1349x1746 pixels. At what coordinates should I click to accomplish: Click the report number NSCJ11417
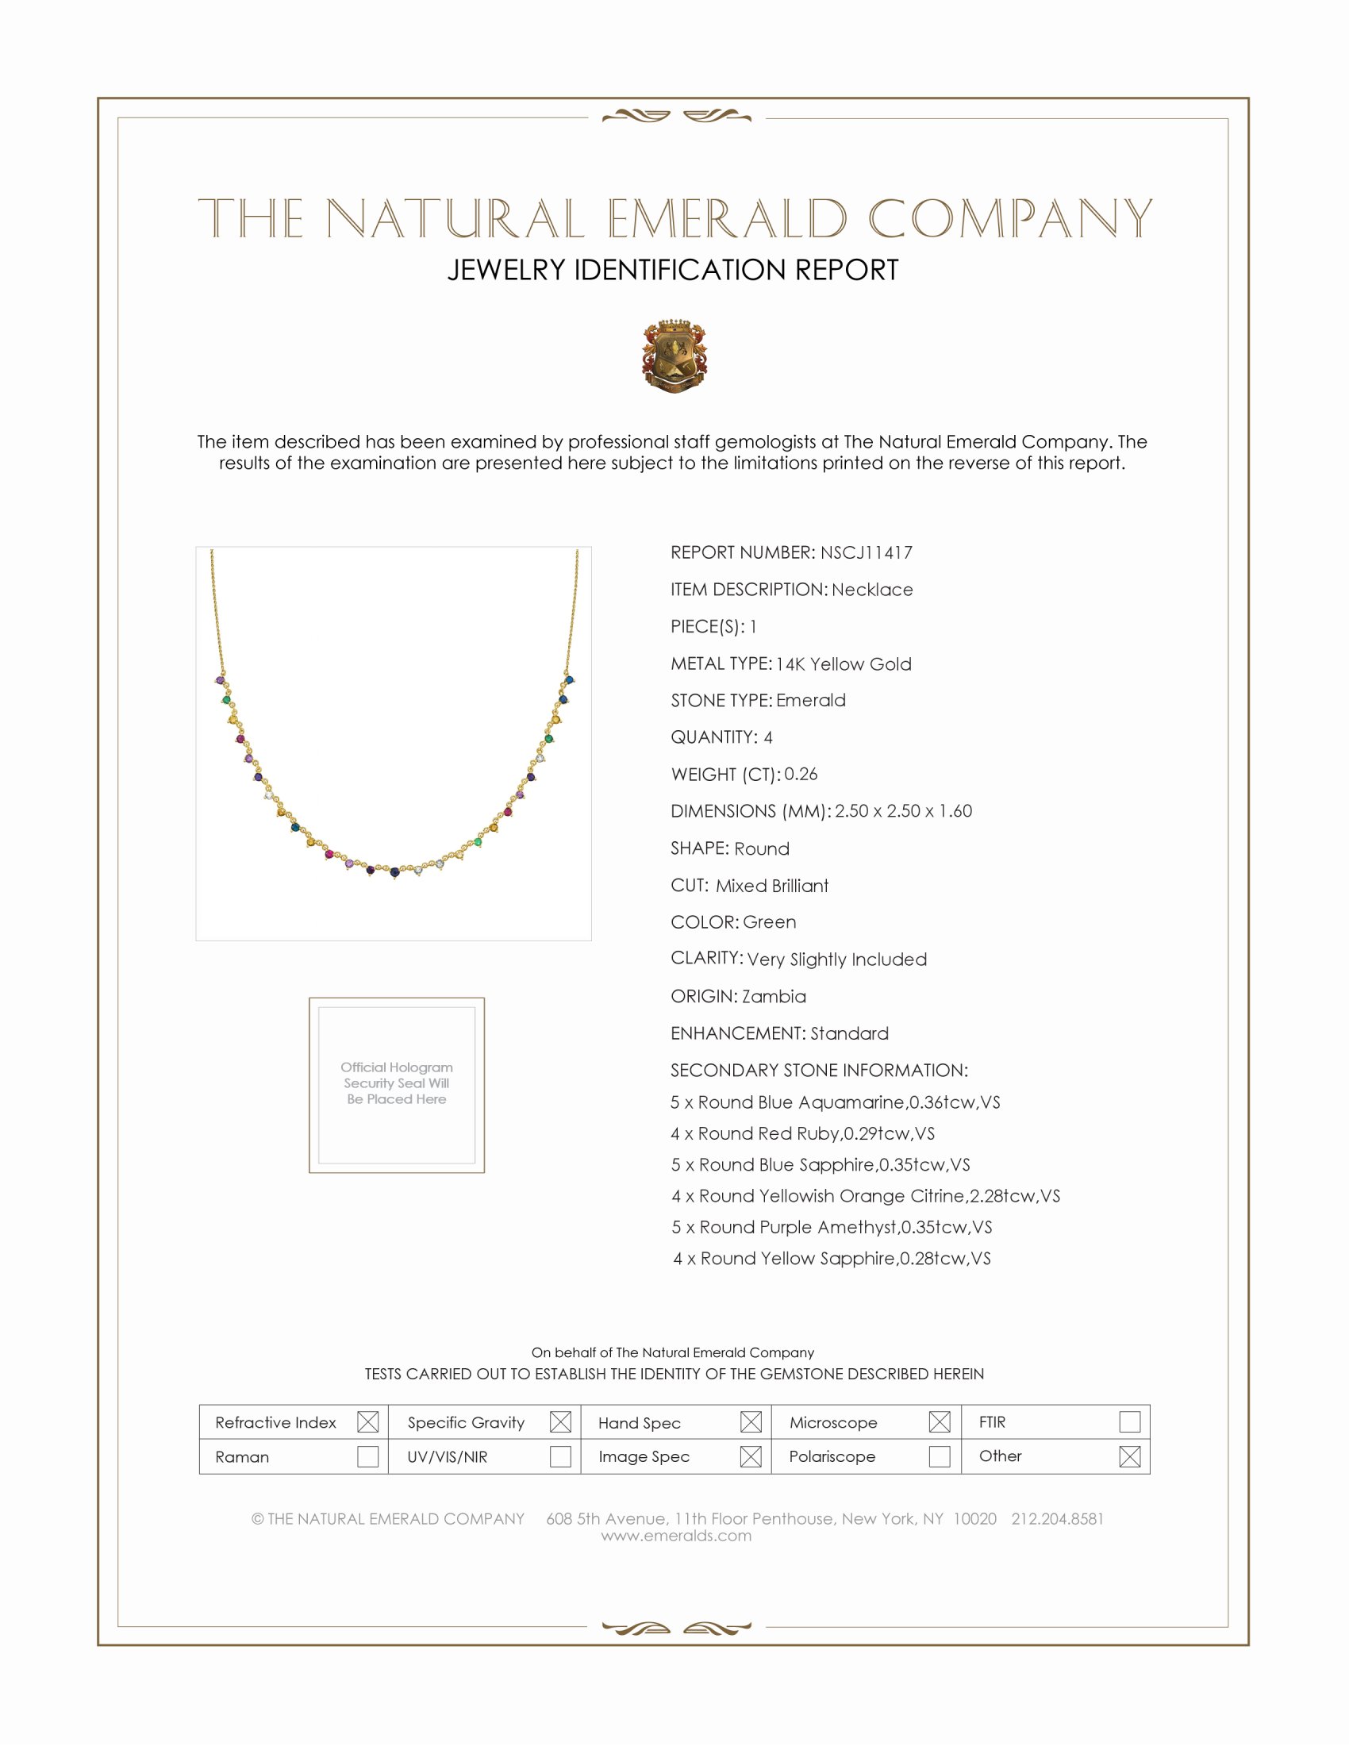tap(866, 552)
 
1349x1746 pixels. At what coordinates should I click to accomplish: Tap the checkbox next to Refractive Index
tap(367, 1422)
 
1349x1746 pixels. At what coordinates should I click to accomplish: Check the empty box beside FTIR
tap(1129, 1422)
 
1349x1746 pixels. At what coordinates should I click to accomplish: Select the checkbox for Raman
tap(367, 1456)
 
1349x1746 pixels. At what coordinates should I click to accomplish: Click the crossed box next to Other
tap(1129, 1456)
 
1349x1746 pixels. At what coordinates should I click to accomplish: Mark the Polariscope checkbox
tap(940, 1456)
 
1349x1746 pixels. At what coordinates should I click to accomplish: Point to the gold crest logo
tap(674, 356)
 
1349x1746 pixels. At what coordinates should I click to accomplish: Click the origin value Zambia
tap(774, 996)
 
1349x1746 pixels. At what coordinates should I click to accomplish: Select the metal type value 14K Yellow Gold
tap(843, 663)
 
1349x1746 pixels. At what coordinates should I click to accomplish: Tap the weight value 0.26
tap(801, 774)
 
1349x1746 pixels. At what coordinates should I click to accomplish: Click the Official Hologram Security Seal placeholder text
tap(397, 1083)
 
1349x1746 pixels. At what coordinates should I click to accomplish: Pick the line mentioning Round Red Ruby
tap(802, 1133)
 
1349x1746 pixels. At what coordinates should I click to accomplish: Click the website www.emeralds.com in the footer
tap(676, 1536)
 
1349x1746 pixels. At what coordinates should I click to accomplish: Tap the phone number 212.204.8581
tap(1057, 1519)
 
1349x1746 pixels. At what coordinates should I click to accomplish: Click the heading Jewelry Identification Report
tap(673, 270)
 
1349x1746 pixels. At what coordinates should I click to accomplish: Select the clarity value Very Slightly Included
tap(836, 960)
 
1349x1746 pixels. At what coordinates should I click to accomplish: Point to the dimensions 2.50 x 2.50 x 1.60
tap(903, 810)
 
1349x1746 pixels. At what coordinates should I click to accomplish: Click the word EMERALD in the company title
tap(726, 218)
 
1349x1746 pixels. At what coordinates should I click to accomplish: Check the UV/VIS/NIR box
tap(560, 1456)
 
